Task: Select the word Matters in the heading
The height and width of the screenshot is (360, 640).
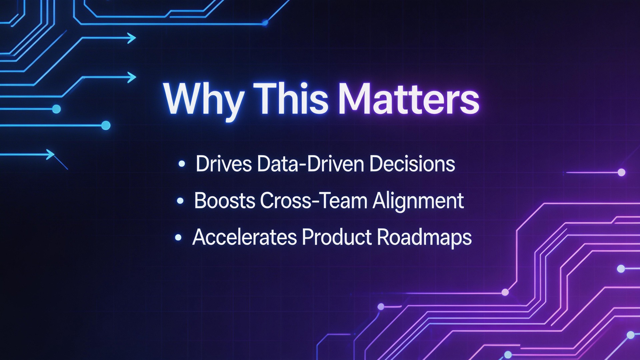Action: coord(409,99)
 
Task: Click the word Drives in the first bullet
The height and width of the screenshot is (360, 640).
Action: coord(224,164)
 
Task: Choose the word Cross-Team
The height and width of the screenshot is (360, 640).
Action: coord(314,201)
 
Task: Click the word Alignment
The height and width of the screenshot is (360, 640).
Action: coord(418,202)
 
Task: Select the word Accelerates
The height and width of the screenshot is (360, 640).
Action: coord(245,237)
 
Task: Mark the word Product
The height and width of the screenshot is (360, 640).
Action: coord(337,237)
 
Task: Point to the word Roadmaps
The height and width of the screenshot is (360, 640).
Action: coord(424,239)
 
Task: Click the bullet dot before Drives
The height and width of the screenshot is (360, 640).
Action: coord(182,164)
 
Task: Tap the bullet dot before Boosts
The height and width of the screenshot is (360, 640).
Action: coord(180,201)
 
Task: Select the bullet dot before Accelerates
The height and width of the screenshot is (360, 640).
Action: coord(178,237)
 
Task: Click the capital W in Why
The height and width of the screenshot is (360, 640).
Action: coord(185,98)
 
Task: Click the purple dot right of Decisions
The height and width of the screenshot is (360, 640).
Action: coord(622,172)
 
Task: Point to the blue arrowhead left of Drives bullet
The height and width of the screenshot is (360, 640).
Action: coord(50,154)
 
